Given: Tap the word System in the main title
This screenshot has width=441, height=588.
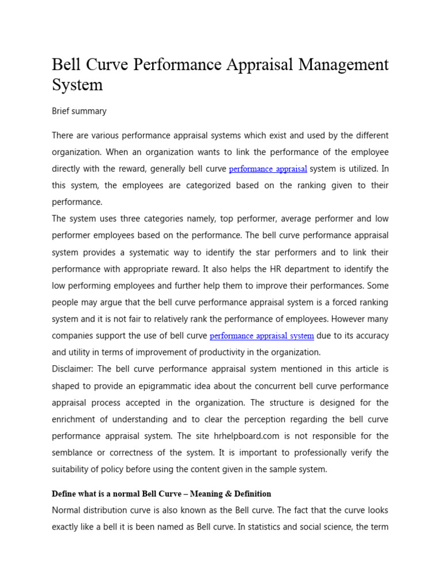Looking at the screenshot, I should (x=77, y=85).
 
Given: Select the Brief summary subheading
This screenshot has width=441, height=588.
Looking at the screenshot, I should (x=79, y=111).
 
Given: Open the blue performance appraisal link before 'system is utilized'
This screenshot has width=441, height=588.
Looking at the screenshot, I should (x=268, y=169).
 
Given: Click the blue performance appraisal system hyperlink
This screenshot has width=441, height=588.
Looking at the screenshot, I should (x=261, y=336).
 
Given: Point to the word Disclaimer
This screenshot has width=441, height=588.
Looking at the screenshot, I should (x=74, y=369).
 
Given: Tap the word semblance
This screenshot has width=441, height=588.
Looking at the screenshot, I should (x=75, y=452).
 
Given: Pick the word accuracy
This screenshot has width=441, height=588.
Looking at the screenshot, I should (x=370, y=336).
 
